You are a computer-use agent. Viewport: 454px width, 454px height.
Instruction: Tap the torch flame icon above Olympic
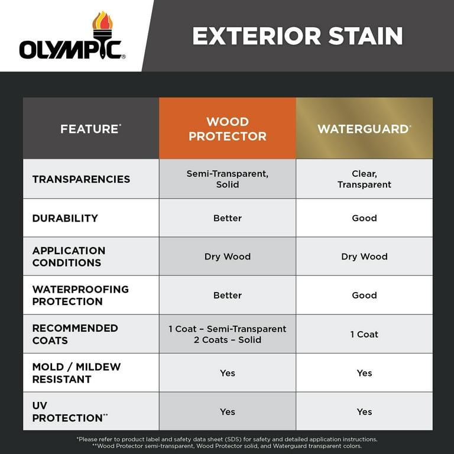point(102,24)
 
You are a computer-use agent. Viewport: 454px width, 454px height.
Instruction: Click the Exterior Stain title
point(297,36)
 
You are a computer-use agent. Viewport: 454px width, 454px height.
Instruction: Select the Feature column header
point(90,128)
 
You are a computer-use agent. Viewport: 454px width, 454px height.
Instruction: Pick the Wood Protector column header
point(228,129)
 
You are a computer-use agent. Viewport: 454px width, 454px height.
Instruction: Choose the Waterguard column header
point(364,128)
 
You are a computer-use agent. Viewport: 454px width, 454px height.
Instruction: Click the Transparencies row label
point(81,179)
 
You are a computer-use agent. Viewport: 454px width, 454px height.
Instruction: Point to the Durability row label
point(65,218)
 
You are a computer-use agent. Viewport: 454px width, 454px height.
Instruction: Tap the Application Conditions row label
point(69,257)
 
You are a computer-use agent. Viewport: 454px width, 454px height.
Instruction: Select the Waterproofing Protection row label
point(80,295)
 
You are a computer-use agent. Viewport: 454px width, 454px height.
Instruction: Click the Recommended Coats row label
point(75,334)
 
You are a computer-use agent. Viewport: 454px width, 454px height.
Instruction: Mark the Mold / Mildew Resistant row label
point(76,373)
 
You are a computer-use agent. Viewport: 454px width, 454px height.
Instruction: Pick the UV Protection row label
point(70,411)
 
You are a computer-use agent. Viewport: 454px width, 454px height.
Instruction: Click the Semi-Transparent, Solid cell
point(228,179)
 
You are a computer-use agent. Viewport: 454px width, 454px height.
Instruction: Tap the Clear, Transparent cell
point(364,179)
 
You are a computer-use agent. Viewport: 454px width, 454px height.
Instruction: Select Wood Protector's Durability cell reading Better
point(228,218)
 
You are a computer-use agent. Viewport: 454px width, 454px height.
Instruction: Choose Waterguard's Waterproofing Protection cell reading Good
point(364,295)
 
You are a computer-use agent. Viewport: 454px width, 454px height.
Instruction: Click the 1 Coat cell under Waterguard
point(364,334)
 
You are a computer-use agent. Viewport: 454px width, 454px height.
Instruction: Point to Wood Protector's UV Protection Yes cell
point(228,411)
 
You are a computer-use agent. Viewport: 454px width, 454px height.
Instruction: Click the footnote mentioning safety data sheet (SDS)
point(227,439)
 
